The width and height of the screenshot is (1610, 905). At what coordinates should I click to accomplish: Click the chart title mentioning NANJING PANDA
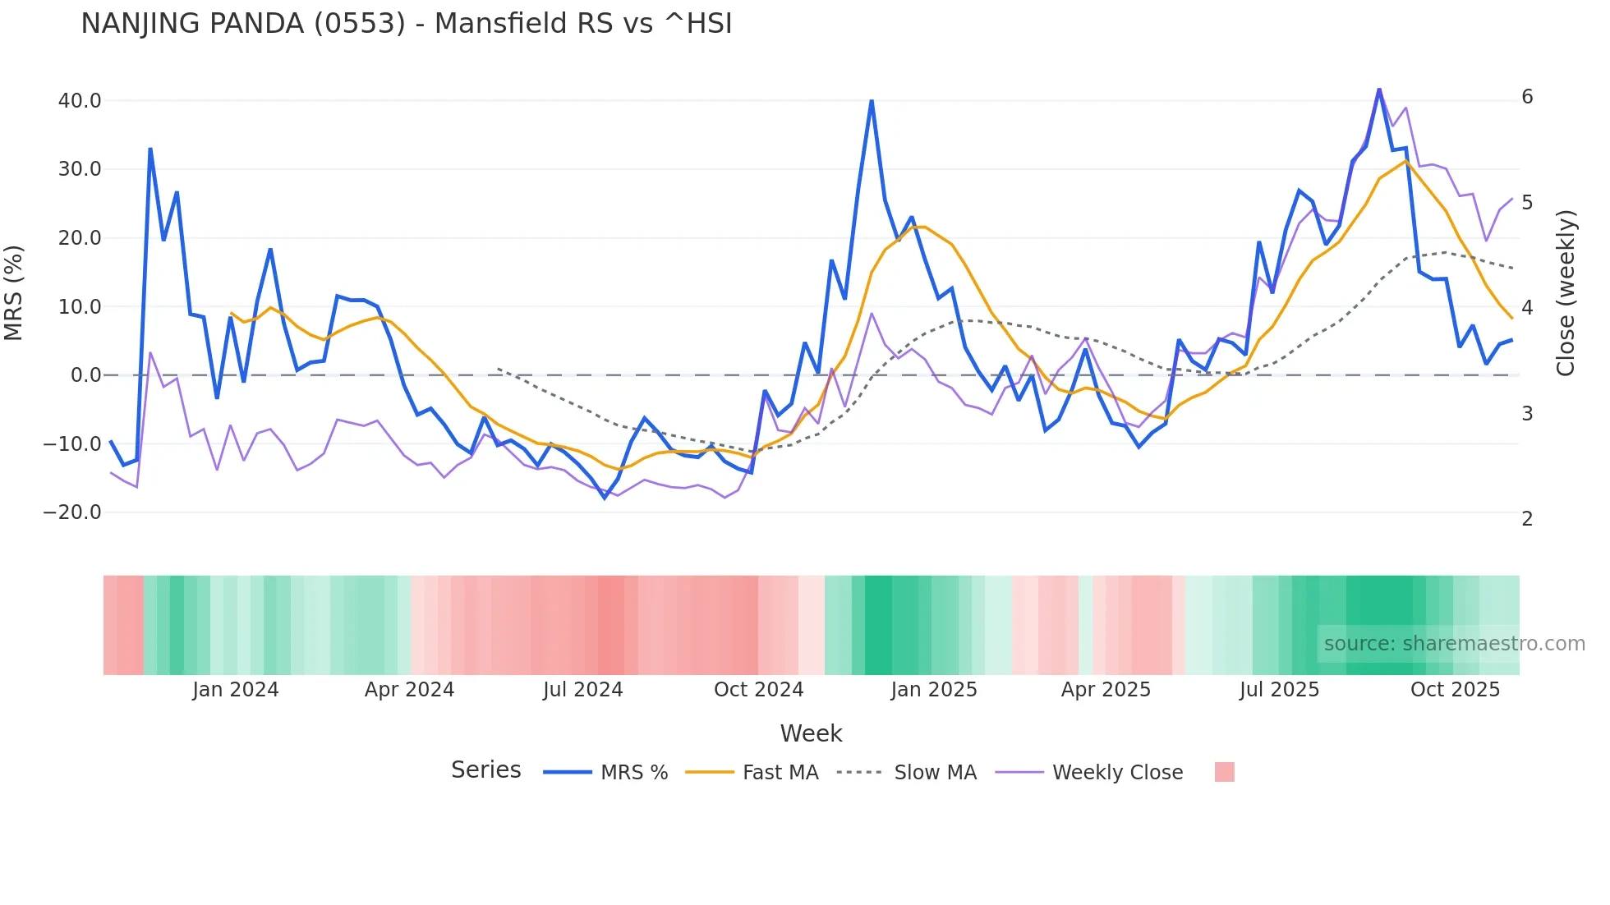(x=406, y=24)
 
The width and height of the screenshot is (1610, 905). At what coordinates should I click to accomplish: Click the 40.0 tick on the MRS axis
(x=80, y=101)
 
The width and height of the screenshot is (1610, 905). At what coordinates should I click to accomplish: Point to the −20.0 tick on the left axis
(x=72, y=512)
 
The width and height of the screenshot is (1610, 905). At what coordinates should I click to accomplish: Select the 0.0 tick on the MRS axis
(x=85, y=375)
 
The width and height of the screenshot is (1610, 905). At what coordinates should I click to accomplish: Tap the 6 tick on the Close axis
(x=1527, y=97)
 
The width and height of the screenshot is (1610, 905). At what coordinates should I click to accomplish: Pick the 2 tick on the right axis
(x=1527, y=519)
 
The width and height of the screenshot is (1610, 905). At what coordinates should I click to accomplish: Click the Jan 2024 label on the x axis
(x=236, y=690)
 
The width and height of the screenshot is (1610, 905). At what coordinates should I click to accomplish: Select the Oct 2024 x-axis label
(x=758, y=690)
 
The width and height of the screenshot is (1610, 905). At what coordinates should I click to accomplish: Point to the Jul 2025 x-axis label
(x=1279, y=690)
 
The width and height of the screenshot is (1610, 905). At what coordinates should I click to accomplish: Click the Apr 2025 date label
(x=1106, y=690)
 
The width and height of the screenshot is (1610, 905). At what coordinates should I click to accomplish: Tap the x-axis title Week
(x=811, y=733)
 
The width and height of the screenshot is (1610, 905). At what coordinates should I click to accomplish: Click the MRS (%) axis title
(x=14, y=292)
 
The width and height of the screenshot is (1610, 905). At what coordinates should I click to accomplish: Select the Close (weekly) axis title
(x=1566, y=293)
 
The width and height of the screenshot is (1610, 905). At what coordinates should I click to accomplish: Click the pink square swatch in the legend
(x=1224, y=772)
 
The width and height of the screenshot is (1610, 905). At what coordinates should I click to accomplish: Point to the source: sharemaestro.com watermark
(x=1454, y=644)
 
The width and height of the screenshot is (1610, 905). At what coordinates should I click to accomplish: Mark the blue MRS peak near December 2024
(x=872, y=101)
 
